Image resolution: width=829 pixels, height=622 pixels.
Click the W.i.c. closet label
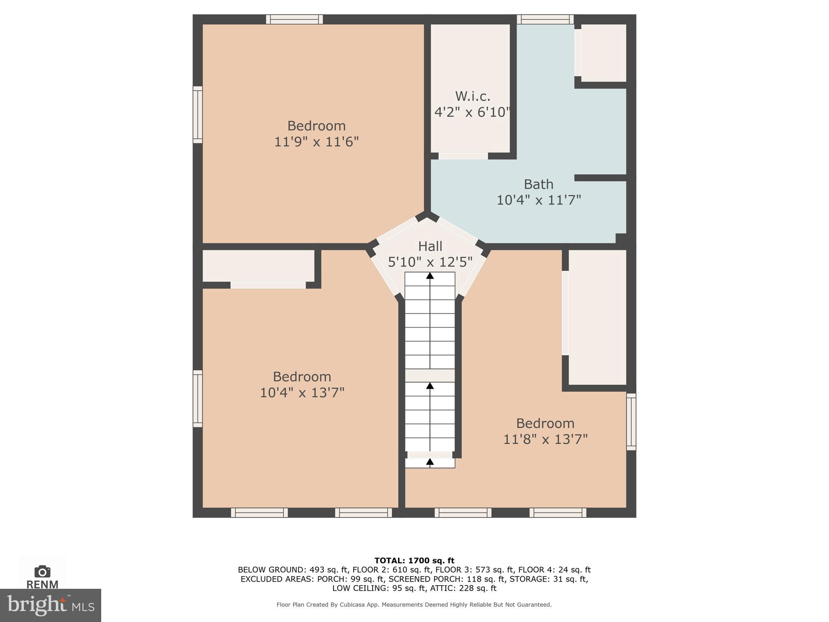click(x=472, y=96)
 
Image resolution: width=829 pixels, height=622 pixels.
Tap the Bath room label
click(x=538, y=184)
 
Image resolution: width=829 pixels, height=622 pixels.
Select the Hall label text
click(x=430, y=246)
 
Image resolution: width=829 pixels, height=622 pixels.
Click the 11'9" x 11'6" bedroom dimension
click(x=317, y=142)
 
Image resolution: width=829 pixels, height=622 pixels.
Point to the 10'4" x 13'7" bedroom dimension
click(x=302, y=392)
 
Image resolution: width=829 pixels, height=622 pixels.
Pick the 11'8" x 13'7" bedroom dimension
click(x=545, y=439)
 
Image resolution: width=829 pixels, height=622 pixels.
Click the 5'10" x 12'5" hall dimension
click(x=430, y=262)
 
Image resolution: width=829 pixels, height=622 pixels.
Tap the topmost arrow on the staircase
click(x=430, y=276)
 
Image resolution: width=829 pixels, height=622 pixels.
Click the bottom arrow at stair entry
click(x=430, y=462)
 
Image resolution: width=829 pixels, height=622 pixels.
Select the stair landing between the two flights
click(x=430, y=375)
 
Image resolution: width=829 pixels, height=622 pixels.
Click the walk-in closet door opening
click(x=463, y=156)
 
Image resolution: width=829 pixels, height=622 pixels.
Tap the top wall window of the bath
click(x=545, y=19)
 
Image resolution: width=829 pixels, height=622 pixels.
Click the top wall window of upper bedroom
click(x=294, y=19)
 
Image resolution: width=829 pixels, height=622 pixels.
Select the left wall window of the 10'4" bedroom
click(x=198, y=398)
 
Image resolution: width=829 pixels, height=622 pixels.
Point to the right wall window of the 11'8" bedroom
click(x=631, y=422)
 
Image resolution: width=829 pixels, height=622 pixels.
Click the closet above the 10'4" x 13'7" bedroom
click(x=258, y=266)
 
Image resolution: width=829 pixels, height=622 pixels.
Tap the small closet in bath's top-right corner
click(x=604, y=53)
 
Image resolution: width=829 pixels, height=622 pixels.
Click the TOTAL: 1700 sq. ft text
click(x=414, y=560)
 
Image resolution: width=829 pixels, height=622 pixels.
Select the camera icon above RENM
click(x=43, y=571)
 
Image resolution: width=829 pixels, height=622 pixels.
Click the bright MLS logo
click(x=51, y=605)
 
